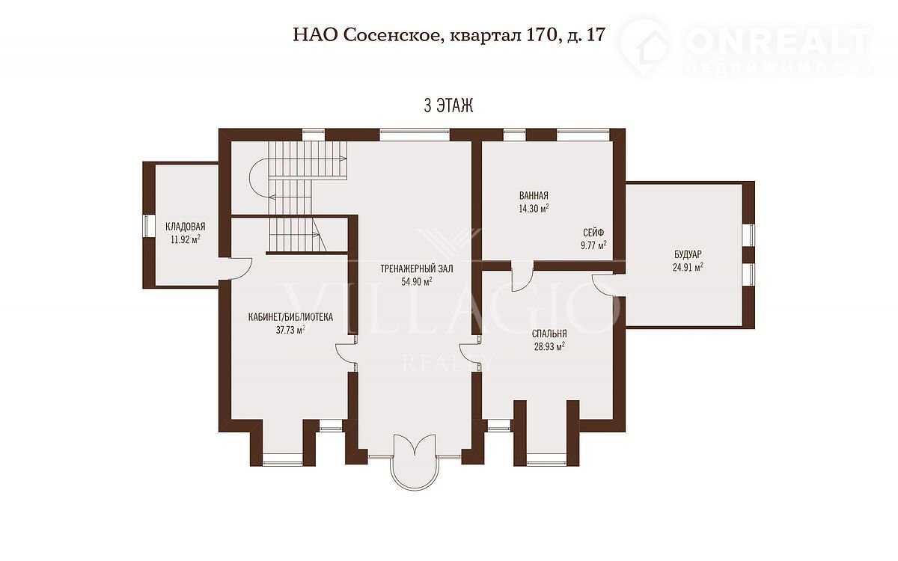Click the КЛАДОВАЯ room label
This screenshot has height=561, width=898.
click(186, 227)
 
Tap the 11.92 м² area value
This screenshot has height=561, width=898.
click(186, 239)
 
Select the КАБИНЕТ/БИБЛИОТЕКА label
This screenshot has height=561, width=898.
click(290, 317)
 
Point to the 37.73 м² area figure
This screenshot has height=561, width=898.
click(290, 330)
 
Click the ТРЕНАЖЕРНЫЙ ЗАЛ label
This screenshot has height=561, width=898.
click(417, 269)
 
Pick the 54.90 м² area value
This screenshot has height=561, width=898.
click(417, 282)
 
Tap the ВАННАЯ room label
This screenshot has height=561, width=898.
click(534, 195)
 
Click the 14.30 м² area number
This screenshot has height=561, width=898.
click(534, 209)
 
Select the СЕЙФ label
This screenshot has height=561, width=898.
click(593, 233)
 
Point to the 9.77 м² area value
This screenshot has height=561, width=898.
click(593, 245)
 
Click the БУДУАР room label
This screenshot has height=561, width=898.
click(688, 254)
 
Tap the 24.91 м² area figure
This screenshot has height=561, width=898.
click(688, 267)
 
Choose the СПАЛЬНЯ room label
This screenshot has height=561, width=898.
click(549, 334)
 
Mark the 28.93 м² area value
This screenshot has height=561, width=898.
click(549, 346)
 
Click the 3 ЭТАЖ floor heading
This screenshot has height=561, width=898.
click(448, 105)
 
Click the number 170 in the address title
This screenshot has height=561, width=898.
click(541, 35)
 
